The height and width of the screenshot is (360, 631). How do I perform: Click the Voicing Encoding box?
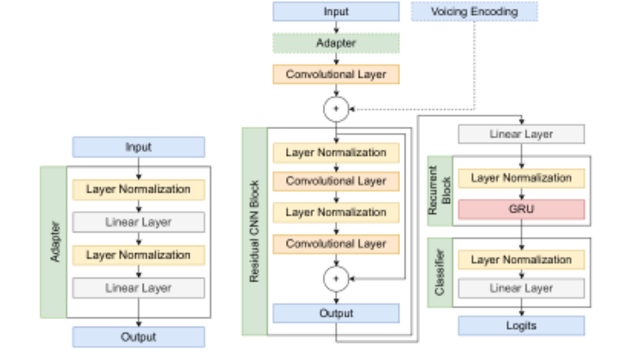point(474,12)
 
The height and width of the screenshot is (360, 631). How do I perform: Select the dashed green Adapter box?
point(336,43)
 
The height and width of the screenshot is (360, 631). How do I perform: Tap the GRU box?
point(521,209)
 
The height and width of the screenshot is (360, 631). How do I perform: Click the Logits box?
point(521,326)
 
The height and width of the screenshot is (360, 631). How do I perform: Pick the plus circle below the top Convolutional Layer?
point(336,109)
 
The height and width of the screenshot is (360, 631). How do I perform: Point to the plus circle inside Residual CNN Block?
point(336,279)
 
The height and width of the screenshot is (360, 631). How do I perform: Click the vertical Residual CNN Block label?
point(254,231)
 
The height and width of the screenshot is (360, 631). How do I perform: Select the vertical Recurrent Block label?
point(440,190)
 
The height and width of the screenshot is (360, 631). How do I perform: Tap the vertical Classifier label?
point(440,272)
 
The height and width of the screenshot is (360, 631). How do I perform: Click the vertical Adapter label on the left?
point(55,242)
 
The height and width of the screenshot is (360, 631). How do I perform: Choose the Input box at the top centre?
point(336,12)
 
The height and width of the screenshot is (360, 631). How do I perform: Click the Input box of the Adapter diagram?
point(138,147)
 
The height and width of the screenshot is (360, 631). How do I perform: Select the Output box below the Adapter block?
point(138,337)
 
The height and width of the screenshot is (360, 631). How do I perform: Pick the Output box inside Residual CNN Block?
point(336,313)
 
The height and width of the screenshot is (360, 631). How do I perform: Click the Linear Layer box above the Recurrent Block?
point(521,134)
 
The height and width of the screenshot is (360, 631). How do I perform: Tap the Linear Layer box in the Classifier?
point(521,288)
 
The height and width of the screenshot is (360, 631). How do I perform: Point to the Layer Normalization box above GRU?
point(521,178)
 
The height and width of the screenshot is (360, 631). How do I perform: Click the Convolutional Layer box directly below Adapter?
point(336,75)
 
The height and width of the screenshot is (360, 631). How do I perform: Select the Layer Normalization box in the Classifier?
point(521,260)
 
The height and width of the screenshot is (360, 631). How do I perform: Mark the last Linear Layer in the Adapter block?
point(138,288)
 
